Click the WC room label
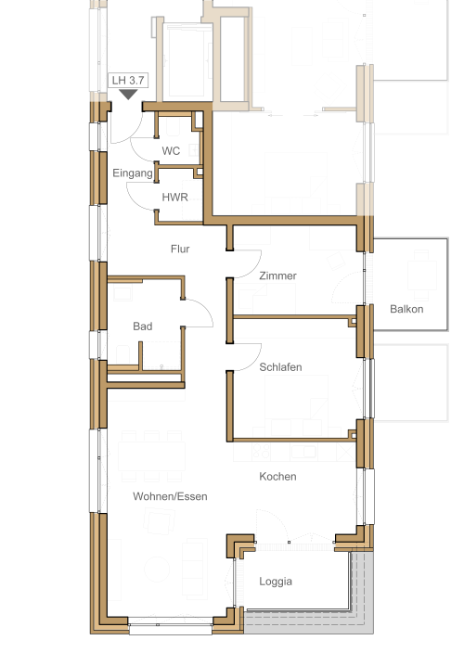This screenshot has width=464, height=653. point(171,151)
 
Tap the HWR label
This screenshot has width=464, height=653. point(175,197)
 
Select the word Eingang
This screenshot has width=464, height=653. point(133,173)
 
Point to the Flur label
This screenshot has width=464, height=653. point(180,249)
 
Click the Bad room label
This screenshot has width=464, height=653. point(143,326)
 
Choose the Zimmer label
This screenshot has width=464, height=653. point(277,275)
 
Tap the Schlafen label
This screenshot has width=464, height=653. point(280,367)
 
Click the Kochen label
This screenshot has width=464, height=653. point(277,477)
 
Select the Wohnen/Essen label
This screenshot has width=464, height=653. point(170,496)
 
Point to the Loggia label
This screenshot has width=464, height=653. point(276,582)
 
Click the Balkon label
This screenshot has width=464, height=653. point(406,309)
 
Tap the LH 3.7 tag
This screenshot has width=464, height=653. point(128,80)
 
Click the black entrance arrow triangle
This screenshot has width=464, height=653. point(128,95)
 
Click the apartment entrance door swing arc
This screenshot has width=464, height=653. point(135,134)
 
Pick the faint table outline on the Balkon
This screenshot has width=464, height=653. point(421,275)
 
